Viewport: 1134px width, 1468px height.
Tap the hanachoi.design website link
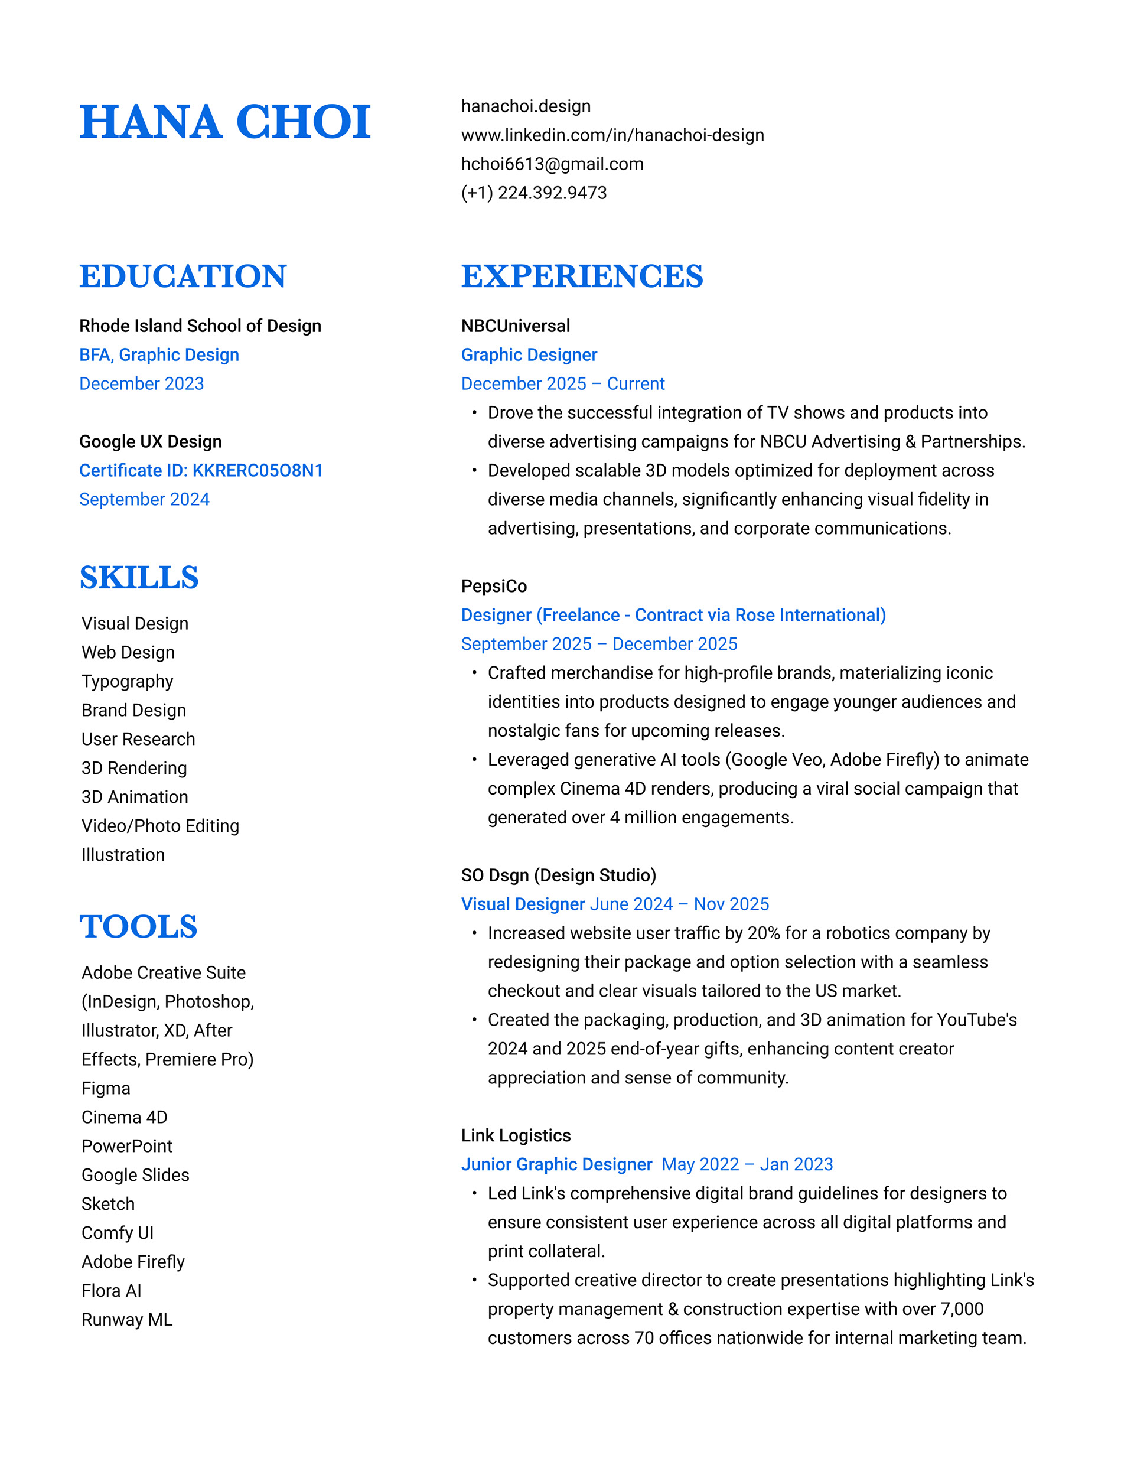[526, 106]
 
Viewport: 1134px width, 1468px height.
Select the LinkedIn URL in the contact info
[612, 135]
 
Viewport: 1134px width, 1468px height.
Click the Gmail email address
[552, 164]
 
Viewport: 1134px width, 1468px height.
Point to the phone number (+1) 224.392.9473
[534, 193]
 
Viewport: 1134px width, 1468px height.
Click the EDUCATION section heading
[183, 276]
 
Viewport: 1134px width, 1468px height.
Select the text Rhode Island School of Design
[200, 326]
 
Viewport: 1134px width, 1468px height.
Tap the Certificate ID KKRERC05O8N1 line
[201, 470]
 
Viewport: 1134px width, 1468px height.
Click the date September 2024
[145, 499]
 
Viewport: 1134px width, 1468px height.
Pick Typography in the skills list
[128, 682]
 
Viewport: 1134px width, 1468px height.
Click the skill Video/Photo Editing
[160, 826]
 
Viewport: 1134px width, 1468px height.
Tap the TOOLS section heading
[138, 926]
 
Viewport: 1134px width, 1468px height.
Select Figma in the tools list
[106, 1088]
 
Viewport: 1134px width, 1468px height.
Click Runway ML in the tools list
[127, 1320]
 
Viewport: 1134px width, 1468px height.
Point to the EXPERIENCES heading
[582, 276]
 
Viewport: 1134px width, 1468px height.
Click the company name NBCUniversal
[516, 326]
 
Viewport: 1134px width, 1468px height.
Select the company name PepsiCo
[494, 586]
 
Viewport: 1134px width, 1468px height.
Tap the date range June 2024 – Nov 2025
[679, 904]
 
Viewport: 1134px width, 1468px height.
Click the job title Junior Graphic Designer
[556, 1164]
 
